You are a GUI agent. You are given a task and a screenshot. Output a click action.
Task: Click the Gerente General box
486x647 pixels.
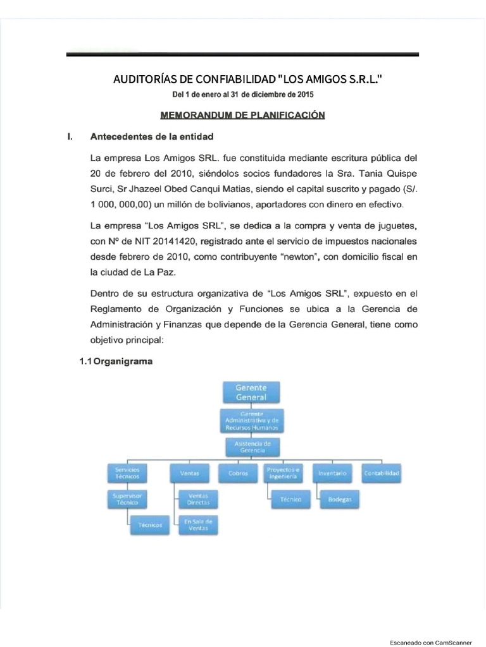[251, 392]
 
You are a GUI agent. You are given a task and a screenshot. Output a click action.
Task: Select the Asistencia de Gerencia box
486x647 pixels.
[252, 447]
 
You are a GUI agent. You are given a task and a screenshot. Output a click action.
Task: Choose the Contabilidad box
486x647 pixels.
[381, 473]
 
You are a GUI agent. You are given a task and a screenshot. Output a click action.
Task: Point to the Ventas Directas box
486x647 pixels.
[198, 499]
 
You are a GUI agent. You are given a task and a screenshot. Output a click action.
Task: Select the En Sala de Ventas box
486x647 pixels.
[198, 524]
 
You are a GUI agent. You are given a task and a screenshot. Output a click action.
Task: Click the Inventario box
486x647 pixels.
[332, 473]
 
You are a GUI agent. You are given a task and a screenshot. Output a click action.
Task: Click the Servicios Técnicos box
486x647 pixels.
[127, 473]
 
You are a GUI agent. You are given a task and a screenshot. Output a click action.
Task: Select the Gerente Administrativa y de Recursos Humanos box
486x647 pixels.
[251, 420]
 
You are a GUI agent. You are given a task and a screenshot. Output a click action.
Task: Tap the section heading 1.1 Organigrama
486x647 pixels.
[116, 362]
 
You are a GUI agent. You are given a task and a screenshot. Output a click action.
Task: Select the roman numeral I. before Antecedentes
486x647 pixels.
[70, 136]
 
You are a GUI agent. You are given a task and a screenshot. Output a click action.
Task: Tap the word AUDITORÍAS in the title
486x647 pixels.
[145, 80]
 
